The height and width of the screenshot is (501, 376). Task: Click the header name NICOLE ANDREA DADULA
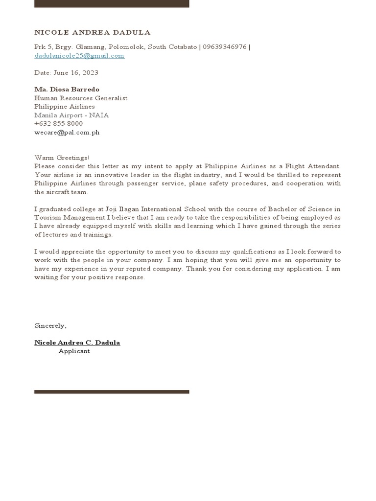coord(93,33)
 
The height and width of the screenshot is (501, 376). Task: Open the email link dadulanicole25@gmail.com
coord(79,56)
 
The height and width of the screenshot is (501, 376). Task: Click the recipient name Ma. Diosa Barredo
coord(67,90)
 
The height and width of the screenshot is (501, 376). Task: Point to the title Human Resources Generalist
coord(81,98)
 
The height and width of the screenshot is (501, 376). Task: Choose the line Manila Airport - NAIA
coord(71,115)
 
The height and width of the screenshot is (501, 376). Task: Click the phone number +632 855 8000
coord(58,124)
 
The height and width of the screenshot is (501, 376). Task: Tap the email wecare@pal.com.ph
coord(67,132)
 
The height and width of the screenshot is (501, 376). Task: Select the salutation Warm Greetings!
coord(62,158)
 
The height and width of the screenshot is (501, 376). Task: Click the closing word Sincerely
coord(50,325)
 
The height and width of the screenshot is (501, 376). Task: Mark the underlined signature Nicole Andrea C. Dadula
coord(77,342)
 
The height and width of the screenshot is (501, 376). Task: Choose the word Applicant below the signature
coord(74,351)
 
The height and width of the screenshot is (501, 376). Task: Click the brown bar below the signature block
coord(112,392)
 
